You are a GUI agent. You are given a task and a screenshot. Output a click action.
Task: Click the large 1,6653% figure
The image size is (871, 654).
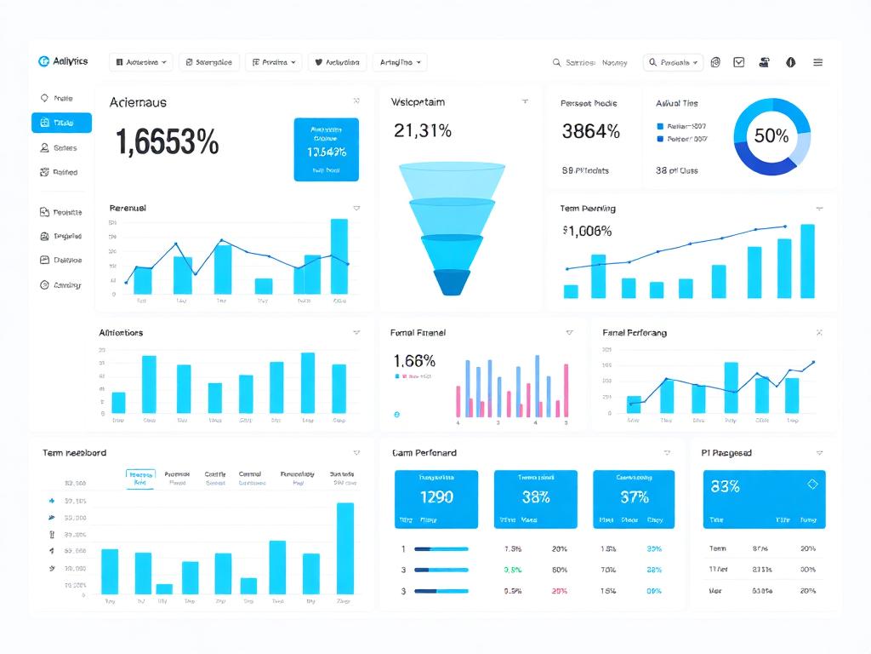click(x=167, y=142)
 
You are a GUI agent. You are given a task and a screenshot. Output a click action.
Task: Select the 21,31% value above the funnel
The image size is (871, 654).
click(x=422, y=130)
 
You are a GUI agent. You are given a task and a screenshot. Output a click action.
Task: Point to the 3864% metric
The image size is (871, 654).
click(x=590, y=131)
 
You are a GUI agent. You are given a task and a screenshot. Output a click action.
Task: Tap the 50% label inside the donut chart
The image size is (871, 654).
click(x=771, y=135)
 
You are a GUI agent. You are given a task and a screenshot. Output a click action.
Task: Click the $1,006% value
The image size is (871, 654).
click(x=587, y=231)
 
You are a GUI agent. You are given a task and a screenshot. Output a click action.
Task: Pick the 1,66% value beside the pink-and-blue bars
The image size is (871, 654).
click(x=414, y=360)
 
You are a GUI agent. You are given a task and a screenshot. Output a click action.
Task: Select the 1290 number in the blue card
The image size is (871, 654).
click(x=436, y=496)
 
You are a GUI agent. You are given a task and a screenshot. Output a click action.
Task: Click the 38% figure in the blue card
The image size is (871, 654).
click(x=537, y=496)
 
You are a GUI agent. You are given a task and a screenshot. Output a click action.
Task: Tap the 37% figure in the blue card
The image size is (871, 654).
click(x=635, y=496)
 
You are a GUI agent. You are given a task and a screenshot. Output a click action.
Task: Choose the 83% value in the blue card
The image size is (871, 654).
click(x=725, y=486)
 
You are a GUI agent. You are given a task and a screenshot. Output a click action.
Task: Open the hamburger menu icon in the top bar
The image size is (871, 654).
click(x=817, y=62)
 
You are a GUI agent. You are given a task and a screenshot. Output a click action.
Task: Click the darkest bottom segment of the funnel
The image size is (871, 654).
click(x=452, y=282)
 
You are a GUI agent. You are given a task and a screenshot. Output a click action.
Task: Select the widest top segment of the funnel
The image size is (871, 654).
click(x=452, y=180)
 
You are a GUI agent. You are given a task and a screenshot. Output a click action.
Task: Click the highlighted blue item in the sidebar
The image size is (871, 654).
click(x=61, y=123)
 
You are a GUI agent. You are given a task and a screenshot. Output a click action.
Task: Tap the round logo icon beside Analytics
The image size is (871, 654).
click(x=43, y=61)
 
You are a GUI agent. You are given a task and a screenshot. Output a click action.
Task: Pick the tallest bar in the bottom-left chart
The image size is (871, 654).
click(x=344, y=548)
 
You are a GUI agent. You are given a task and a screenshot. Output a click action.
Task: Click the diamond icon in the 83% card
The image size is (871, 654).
click(x=811, y=484)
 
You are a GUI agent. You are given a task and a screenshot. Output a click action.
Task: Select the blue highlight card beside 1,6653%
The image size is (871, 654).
click(x=326, y=149)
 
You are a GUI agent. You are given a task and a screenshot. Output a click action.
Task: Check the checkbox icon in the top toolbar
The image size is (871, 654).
click(x=739, y=62)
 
